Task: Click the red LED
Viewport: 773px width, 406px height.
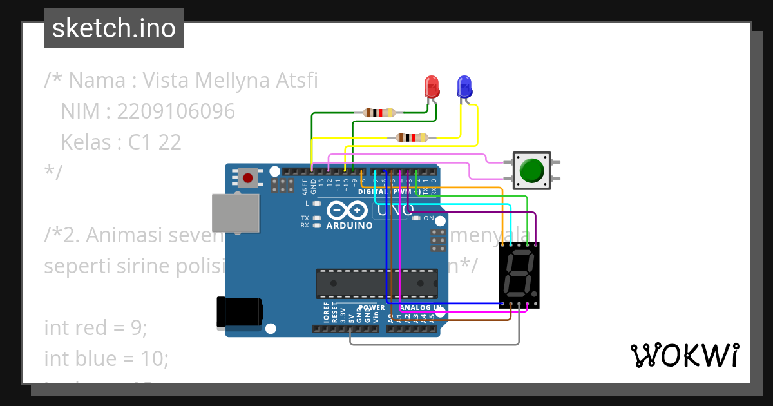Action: point(432,86)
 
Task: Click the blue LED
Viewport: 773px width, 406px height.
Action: point(464,86)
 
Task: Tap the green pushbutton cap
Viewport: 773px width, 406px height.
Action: point(531,171)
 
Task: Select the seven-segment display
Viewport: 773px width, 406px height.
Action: point(519,275)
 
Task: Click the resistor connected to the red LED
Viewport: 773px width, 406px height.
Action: point(379,113)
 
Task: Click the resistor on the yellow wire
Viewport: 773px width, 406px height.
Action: point(412,137)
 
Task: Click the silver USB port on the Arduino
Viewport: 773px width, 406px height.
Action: point(236,213)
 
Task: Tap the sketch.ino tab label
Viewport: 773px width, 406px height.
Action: point(114,28)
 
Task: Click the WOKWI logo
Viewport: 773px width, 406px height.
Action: point(684,356)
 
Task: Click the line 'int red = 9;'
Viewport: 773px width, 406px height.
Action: point(96,327)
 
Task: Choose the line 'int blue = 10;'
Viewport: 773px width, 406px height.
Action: point(106,358)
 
